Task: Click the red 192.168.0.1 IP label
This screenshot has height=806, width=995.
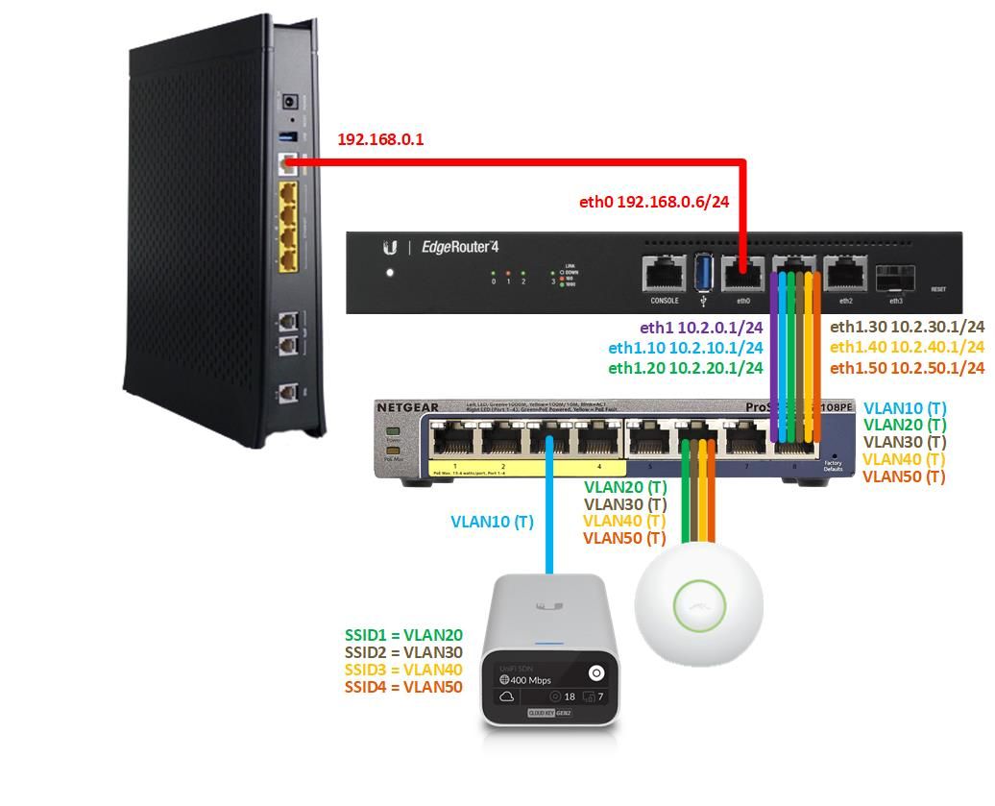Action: [380, 140]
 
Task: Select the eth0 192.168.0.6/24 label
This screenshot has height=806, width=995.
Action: [653, 203]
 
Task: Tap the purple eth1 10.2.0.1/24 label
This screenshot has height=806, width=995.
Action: [701, 328]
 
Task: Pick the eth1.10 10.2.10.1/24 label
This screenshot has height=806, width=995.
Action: [686, 348]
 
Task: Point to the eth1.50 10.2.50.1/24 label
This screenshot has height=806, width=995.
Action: [907, 369]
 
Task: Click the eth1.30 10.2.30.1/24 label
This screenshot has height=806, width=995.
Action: [907, 328]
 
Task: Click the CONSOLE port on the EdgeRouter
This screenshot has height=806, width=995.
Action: [665, 274]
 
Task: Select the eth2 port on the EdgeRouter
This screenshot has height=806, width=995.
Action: [845, 274]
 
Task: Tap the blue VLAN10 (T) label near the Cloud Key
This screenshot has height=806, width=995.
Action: [492, 523]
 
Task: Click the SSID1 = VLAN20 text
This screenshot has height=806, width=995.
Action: [403, 635]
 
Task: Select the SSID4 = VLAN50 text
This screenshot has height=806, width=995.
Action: [403, 688]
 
